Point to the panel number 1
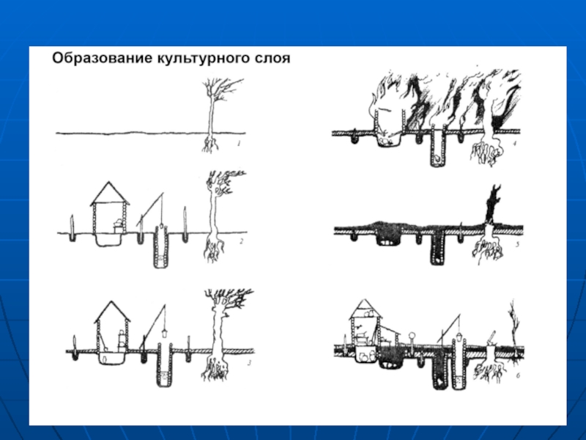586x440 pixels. tap(239, 143)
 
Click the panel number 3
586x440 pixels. tap(249, 362)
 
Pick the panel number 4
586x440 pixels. tap(515, 143)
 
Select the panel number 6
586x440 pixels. tap(518, 375)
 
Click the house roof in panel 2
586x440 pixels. tap(110, 194)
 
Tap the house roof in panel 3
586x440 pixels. tap(112, 311)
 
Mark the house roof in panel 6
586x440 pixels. tap(365, 309)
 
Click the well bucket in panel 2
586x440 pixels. tap(161, 226)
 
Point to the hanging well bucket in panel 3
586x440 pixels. tap(163, 333)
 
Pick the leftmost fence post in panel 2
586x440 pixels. tap(72, 227)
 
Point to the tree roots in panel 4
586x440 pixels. tap(486, 152)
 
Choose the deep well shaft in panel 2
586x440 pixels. tap(160, 248)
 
